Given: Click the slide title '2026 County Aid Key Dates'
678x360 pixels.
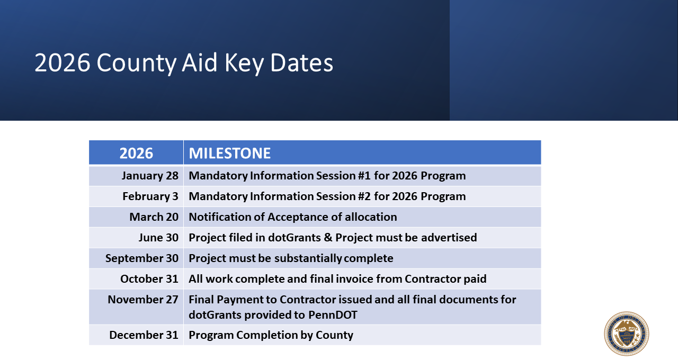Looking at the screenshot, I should click(184, 63).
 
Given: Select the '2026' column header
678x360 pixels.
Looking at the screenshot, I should click(136, 153).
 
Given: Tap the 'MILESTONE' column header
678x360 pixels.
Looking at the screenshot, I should click(230, 153).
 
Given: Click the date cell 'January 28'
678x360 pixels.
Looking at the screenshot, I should click(150, 176).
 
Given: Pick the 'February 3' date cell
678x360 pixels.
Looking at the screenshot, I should click(150, 196).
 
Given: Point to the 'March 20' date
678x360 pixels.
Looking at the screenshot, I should click(154, 217).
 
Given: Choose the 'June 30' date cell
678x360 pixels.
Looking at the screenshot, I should click(158, 238).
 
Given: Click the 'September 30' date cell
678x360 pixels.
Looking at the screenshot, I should click(142, 258).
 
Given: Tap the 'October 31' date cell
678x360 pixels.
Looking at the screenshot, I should click(149, 279).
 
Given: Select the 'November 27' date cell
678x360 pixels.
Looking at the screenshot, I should click(143, 300).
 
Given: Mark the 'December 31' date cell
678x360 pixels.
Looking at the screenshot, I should click(144, 335).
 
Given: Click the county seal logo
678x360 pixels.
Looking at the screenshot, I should click(627, 334).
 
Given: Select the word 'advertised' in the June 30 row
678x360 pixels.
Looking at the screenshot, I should click(449, 238).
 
